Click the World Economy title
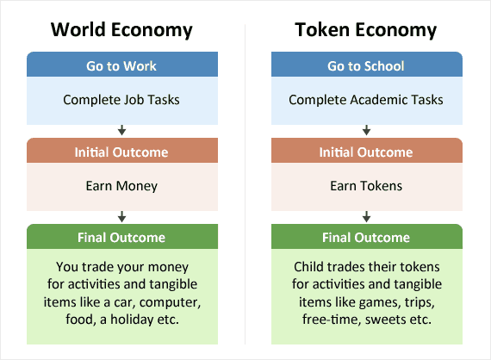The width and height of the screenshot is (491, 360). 121,30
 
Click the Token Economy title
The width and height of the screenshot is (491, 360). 366,30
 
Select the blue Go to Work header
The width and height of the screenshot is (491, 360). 121,65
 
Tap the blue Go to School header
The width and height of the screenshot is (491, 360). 366,65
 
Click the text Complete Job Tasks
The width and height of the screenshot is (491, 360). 121,100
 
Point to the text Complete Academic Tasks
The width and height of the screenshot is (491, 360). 366,100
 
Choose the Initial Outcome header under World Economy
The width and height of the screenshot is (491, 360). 121,152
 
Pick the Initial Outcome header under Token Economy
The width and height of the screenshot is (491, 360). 366,152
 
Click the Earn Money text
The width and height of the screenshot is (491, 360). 121,185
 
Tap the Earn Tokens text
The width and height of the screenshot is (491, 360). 366,185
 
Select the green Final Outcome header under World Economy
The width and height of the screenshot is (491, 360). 121,237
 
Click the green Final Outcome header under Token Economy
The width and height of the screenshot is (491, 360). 366,237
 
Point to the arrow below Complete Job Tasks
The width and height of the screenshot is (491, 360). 121,131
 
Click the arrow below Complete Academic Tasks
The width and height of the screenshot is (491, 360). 366,131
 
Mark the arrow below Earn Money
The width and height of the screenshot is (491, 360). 121,216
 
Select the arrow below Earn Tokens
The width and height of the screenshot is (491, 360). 366,216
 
